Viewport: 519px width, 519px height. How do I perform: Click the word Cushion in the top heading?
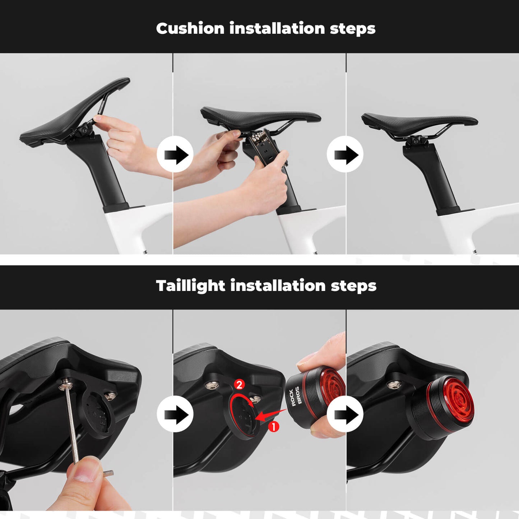(190, 28)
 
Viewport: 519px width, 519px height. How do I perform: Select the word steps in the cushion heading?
(352, 29)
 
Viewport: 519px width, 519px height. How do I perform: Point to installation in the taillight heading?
(278, 286)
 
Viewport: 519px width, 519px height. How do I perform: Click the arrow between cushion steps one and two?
(175, 155)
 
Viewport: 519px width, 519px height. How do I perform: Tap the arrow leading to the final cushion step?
(345, 155)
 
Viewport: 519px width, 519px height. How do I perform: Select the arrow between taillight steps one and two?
(175, 414)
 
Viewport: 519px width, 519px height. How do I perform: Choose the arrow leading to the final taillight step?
(345, 414)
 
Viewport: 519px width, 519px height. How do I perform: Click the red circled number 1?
(274, 427)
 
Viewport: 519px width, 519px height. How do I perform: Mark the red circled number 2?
(239, 385)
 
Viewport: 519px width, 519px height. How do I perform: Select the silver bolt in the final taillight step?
(394, 385)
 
